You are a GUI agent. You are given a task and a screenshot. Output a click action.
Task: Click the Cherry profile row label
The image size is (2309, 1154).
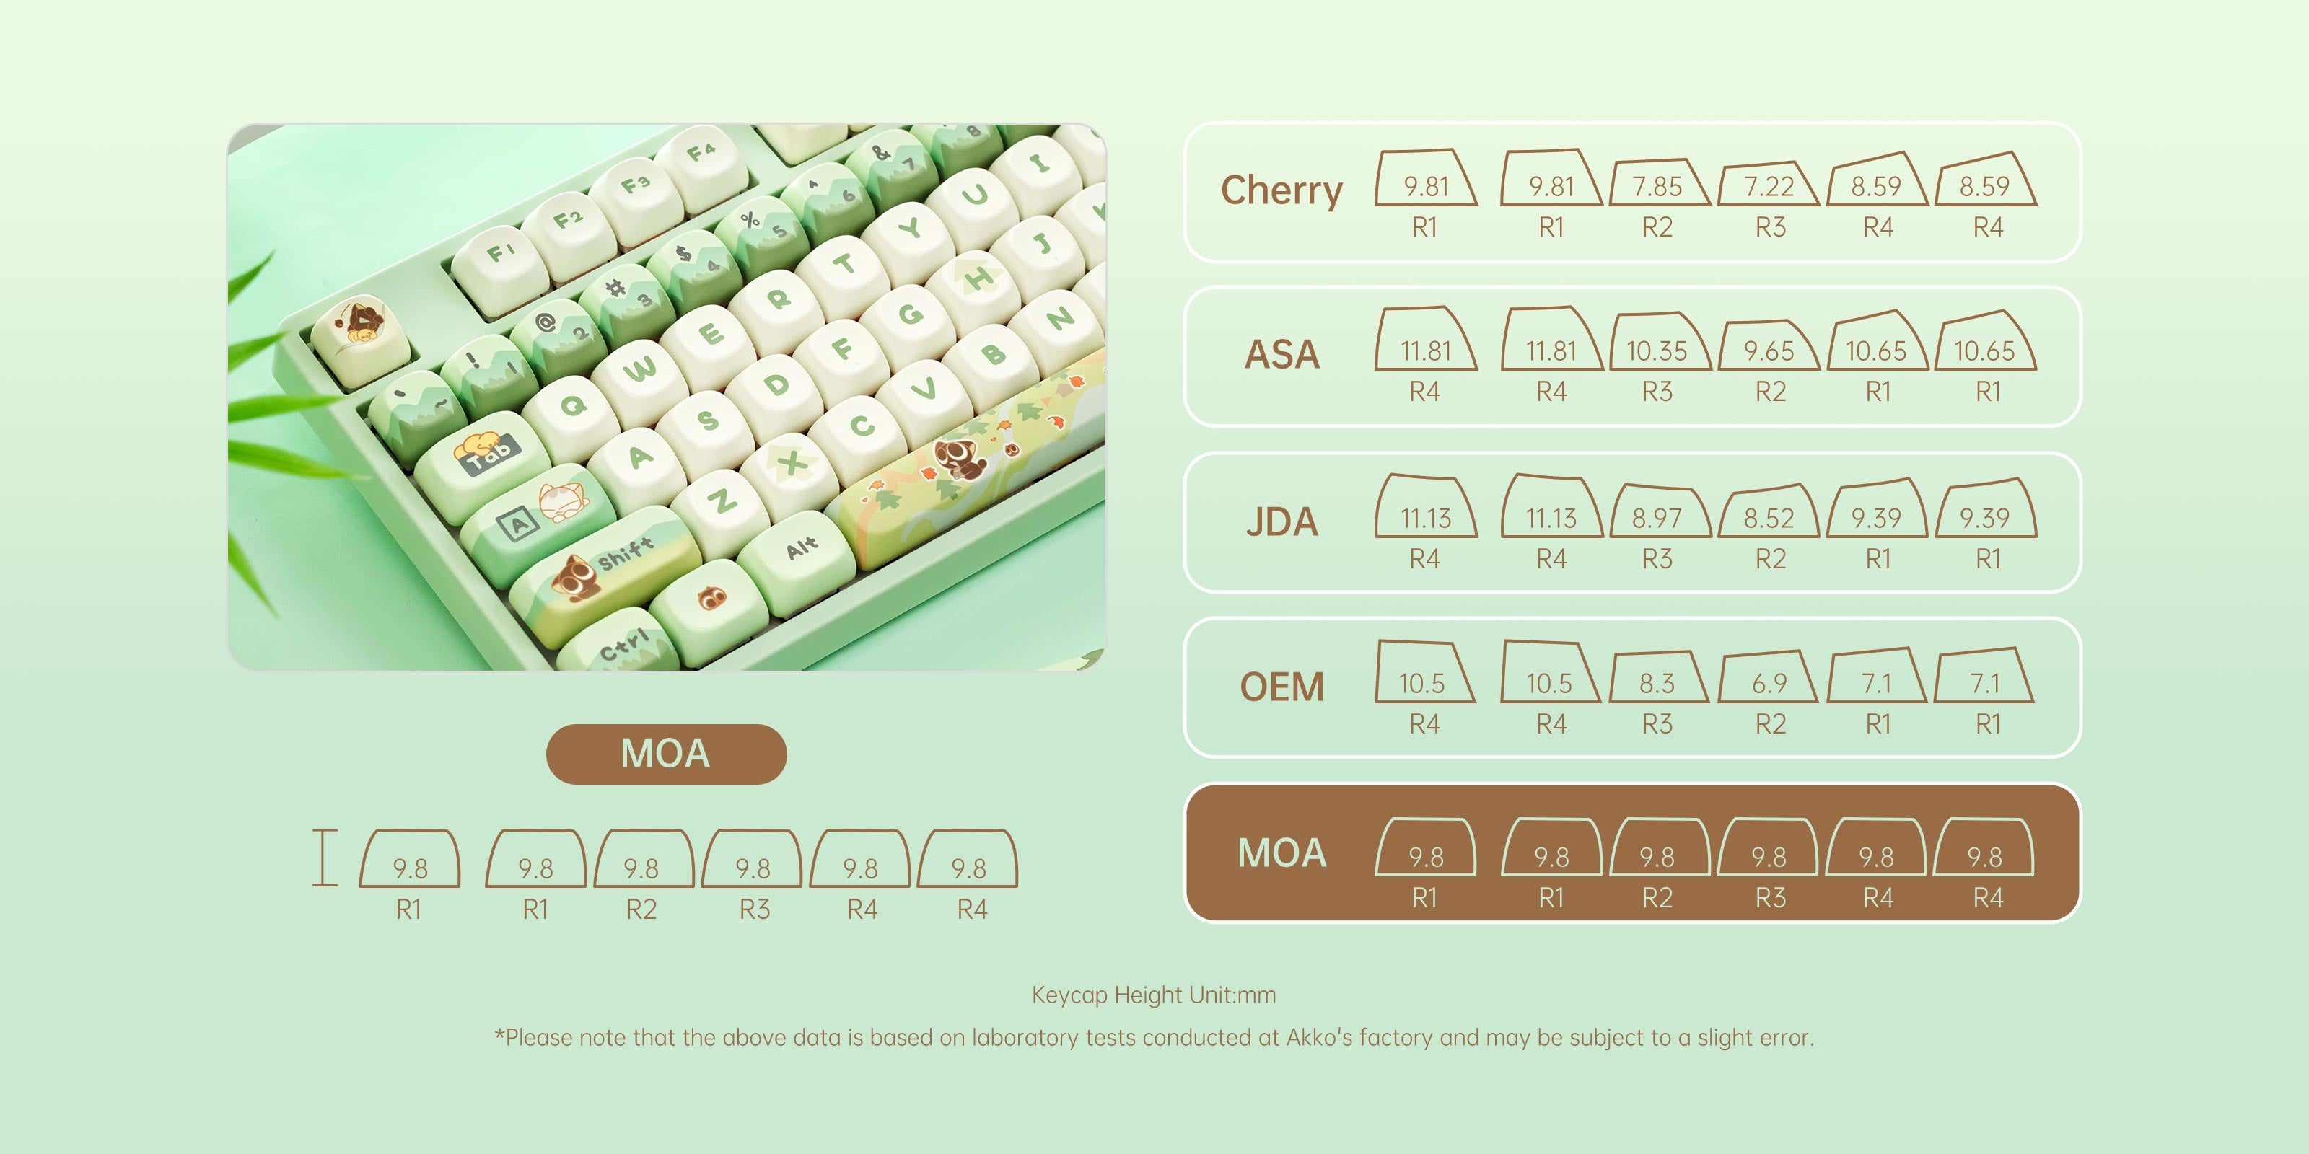point(1281,190)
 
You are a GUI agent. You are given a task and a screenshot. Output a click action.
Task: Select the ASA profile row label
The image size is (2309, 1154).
point(1281,355)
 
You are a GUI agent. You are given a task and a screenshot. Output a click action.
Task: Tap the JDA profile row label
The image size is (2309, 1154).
point(1281,521)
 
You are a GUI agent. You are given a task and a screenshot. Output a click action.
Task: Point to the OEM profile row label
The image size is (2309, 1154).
point(1281,687)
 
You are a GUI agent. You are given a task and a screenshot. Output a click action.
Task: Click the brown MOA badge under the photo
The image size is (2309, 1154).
point(666,754)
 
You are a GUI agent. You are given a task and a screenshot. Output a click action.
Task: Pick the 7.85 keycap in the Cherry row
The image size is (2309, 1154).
point(1657,185)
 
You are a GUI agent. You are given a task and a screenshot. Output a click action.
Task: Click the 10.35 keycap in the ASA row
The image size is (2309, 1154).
point(1657,349)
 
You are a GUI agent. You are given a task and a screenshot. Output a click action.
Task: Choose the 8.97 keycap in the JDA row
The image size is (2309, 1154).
point(1657,517)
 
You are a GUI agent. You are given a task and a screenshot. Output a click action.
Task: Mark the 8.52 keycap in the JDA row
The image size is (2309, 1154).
point(1769,517)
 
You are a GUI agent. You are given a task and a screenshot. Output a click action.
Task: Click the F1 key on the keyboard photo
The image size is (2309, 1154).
point(500,255)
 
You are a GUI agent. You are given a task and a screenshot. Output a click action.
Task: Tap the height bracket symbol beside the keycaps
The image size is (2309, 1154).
point(325,858)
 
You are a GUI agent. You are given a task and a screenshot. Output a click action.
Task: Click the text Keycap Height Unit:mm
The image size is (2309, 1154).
point(1154,995)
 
